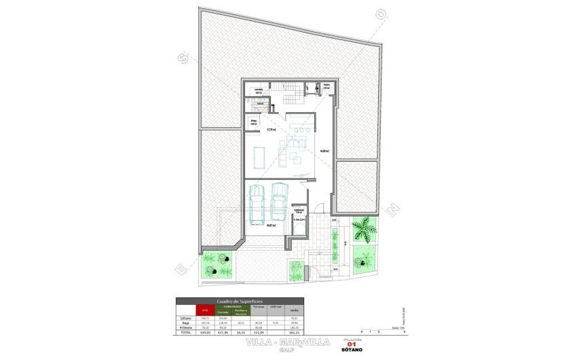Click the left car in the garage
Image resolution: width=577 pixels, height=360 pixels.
[257, 204]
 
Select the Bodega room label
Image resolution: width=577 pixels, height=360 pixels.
[253, 122]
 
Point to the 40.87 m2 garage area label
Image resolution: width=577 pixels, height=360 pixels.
[271, 225]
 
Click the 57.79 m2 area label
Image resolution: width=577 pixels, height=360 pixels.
[271, 129]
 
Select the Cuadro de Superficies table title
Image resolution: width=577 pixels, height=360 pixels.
[240, 300]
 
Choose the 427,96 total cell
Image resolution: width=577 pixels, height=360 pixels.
[221, 332]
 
